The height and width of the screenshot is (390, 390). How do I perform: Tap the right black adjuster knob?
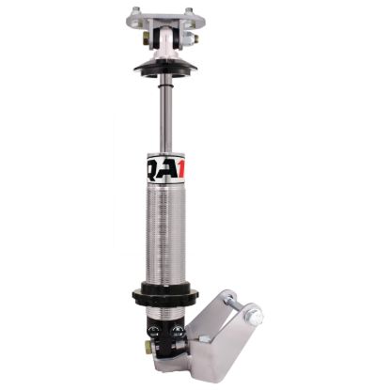pyautogui.click(x=176, y=331)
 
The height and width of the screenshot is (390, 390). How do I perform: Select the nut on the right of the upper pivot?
pyautogui.click(x=192, y=40)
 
